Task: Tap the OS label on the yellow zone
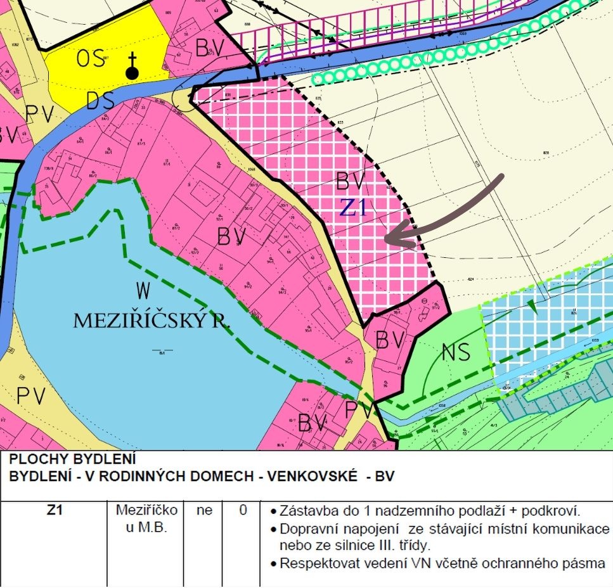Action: click(x=91, y=59)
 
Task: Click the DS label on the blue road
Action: click(x=100, y=100)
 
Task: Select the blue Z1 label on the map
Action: click(x=353, y=208)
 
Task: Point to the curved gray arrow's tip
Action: click(x=387, y=240)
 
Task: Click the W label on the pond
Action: click(x=144, y=291)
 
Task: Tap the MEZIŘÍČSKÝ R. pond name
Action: click(x=152, y=321)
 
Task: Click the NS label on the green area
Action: click(x=456, y=352)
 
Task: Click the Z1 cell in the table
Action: click(x=55, y=510)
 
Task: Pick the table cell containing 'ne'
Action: click(x=204, y=510)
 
